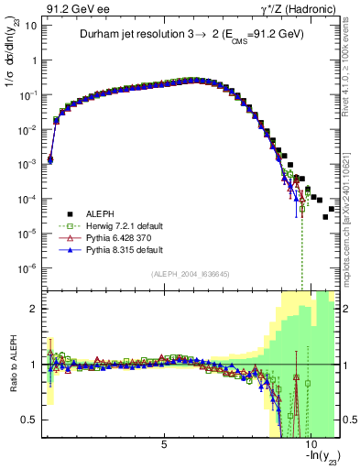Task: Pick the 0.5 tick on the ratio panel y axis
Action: [x=33, y=420]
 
